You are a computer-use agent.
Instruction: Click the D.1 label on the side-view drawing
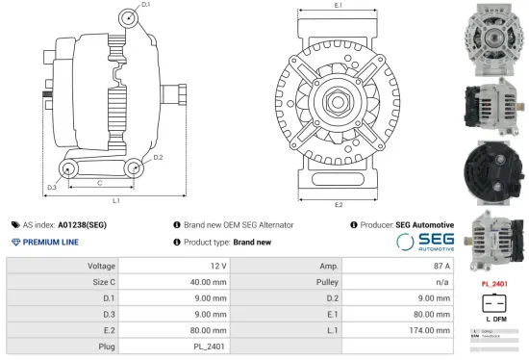[145, 6]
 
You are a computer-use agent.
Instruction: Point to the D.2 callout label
[158, 157]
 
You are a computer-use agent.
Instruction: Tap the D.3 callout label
[51, 187]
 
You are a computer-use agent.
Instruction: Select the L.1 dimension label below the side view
[115, 200]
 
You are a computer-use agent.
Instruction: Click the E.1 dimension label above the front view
[339, 7]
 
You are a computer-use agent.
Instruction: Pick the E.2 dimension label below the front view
[339, 204]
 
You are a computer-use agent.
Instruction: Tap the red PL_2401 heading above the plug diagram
[492, 285]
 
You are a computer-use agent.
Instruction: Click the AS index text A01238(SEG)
[83, 224]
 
